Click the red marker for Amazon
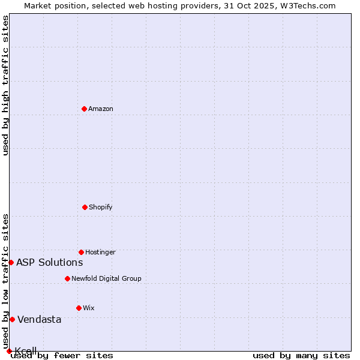[84, 109]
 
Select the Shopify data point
[85, 207]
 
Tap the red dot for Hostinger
[81, 252]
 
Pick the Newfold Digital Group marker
[67, 278]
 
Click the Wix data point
[79, 308]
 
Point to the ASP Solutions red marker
[11, 262]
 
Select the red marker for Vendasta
[12, 319]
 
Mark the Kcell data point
[9, 351]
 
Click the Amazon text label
[101, 109]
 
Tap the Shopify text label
[101, 207]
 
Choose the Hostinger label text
[100, 252]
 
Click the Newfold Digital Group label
[106, 278]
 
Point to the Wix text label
[89, 308]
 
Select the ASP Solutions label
[49, 262]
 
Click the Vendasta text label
[39, 319]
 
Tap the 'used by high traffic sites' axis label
[5, 85]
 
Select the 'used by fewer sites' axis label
[62, 355]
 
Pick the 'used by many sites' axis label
[301, 355]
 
